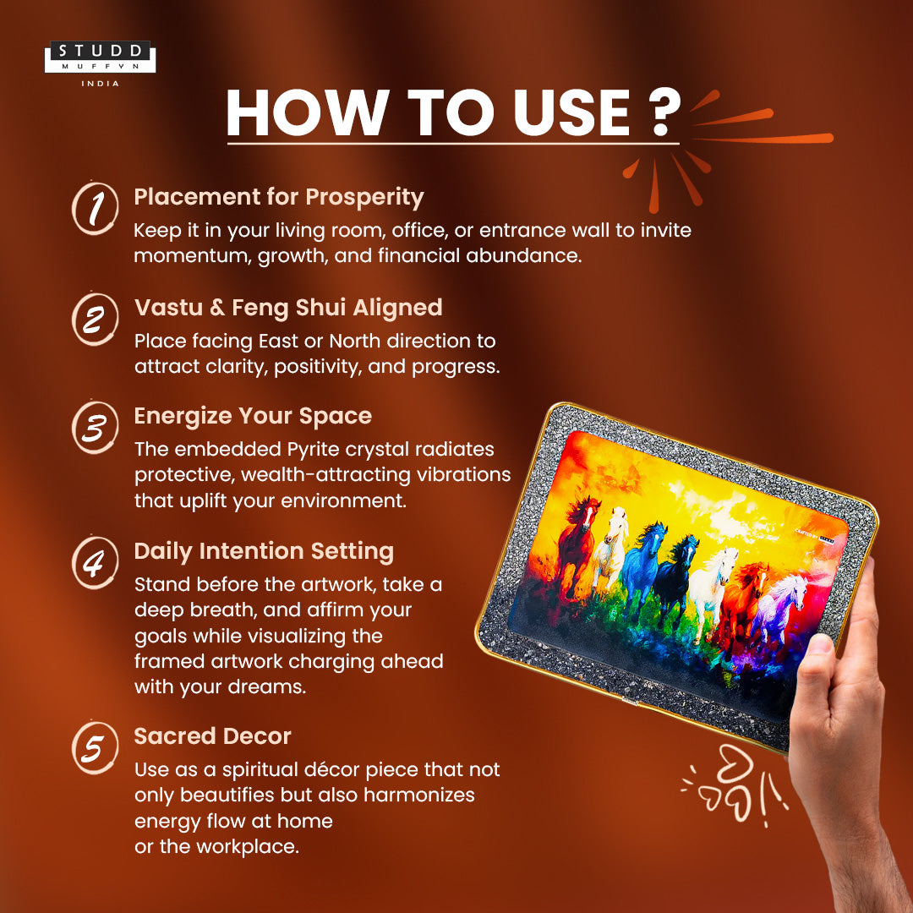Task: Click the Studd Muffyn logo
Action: (100, 57)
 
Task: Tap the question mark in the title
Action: (663, 112)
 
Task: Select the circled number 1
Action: (95, 208)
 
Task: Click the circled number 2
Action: (95, 319)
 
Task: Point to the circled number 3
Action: (95, 428)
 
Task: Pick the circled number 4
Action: (95, 562)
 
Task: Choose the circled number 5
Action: (95, 747)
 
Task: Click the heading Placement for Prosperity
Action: (279, 197)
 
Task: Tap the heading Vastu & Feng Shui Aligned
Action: (288, 308)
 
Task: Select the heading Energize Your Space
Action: (253, 416)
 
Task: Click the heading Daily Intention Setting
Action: (264, 551)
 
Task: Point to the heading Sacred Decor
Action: (212, 736)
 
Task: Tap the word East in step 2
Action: (278, 341)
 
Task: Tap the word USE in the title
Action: (571, 112)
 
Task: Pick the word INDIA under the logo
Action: (100, 84)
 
